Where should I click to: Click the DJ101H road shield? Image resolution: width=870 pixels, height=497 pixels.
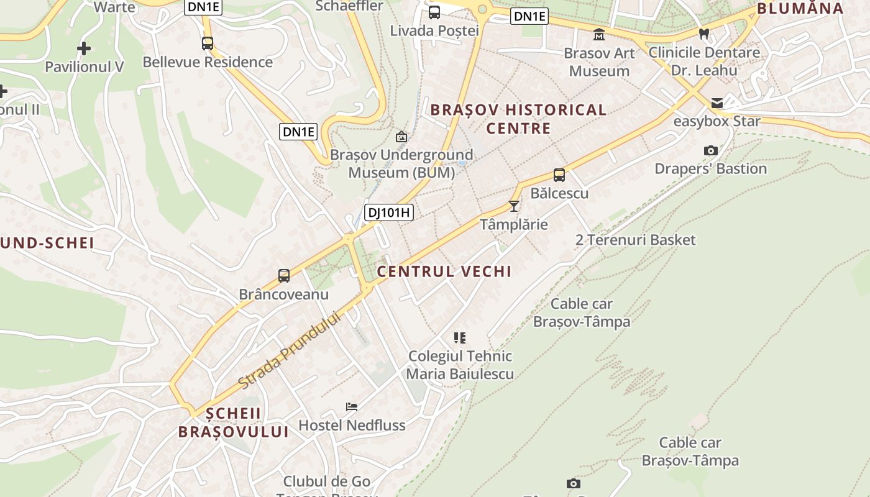388,212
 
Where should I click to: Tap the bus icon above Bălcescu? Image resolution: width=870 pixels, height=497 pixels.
559,175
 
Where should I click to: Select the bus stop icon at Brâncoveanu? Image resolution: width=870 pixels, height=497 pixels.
284,275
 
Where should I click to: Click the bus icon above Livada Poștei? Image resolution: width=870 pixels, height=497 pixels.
434,12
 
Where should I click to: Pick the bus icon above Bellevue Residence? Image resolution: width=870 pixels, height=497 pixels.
208,43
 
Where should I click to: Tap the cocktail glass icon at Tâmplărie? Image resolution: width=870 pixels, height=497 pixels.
514,206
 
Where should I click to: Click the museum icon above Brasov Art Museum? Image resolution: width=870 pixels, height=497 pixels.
599,34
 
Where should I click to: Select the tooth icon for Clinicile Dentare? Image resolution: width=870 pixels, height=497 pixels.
704,34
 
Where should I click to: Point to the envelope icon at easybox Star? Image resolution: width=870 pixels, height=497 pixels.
717,103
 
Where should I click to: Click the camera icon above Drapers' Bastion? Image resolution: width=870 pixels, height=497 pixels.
711,150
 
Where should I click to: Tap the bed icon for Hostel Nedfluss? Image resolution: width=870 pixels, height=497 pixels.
352,407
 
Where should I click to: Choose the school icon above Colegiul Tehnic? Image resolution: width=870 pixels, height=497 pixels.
460,338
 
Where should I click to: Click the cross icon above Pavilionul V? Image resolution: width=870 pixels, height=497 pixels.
84,48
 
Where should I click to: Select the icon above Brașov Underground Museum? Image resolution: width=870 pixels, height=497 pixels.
401,136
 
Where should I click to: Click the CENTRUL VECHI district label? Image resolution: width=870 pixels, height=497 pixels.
444,271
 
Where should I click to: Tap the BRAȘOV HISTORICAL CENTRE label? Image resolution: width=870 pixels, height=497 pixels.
518,119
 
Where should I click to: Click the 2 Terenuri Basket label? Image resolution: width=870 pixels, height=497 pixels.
635,240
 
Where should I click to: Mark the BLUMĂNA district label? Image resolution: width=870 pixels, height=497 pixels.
800,9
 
